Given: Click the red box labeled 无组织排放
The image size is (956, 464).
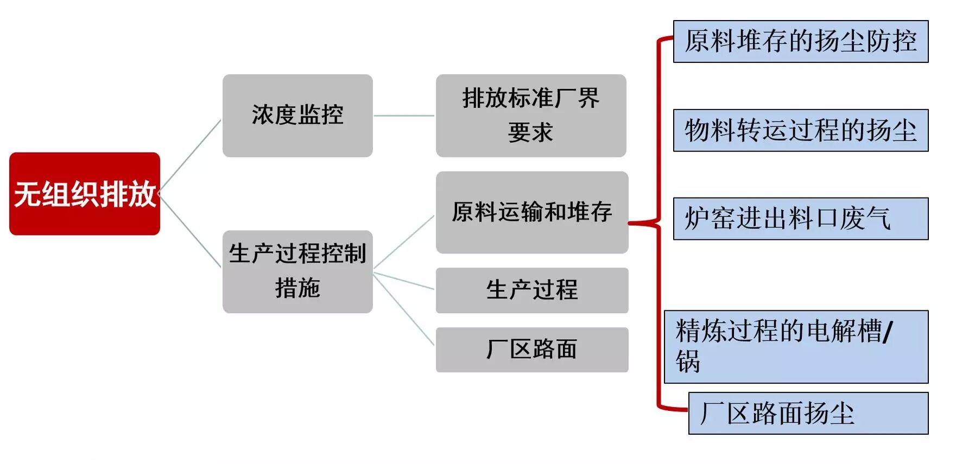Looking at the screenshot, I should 85,194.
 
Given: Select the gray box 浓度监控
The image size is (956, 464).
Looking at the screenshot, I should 297,116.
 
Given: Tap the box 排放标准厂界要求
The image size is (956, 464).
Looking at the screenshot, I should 531,116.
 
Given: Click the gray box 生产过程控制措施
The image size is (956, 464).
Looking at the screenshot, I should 297,271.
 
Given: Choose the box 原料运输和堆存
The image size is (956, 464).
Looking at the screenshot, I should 532,212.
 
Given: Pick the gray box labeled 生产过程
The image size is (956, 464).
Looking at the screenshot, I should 532,290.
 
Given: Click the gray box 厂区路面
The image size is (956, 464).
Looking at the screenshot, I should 532,349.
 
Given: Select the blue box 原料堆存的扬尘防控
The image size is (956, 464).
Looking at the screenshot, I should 801,42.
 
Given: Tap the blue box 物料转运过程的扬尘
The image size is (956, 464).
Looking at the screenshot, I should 801,130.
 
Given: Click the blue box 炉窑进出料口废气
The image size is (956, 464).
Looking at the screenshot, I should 801,219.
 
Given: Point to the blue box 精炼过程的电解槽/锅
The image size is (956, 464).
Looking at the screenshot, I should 796,347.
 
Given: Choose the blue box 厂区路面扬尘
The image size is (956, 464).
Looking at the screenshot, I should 808,414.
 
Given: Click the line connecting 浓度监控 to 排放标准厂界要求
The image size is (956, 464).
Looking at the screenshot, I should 404,116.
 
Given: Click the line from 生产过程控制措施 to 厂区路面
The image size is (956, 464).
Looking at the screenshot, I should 404,309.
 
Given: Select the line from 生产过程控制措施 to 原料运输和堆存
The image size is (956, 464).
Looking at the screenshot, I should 404,242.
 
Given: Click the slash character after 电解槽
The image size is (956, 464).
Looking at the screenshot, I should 888,331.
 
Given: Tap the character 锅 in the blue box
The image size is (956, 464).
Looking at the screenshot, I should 688,361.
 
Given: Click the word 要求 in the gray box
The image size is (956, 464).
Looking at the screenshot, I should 530,132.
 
